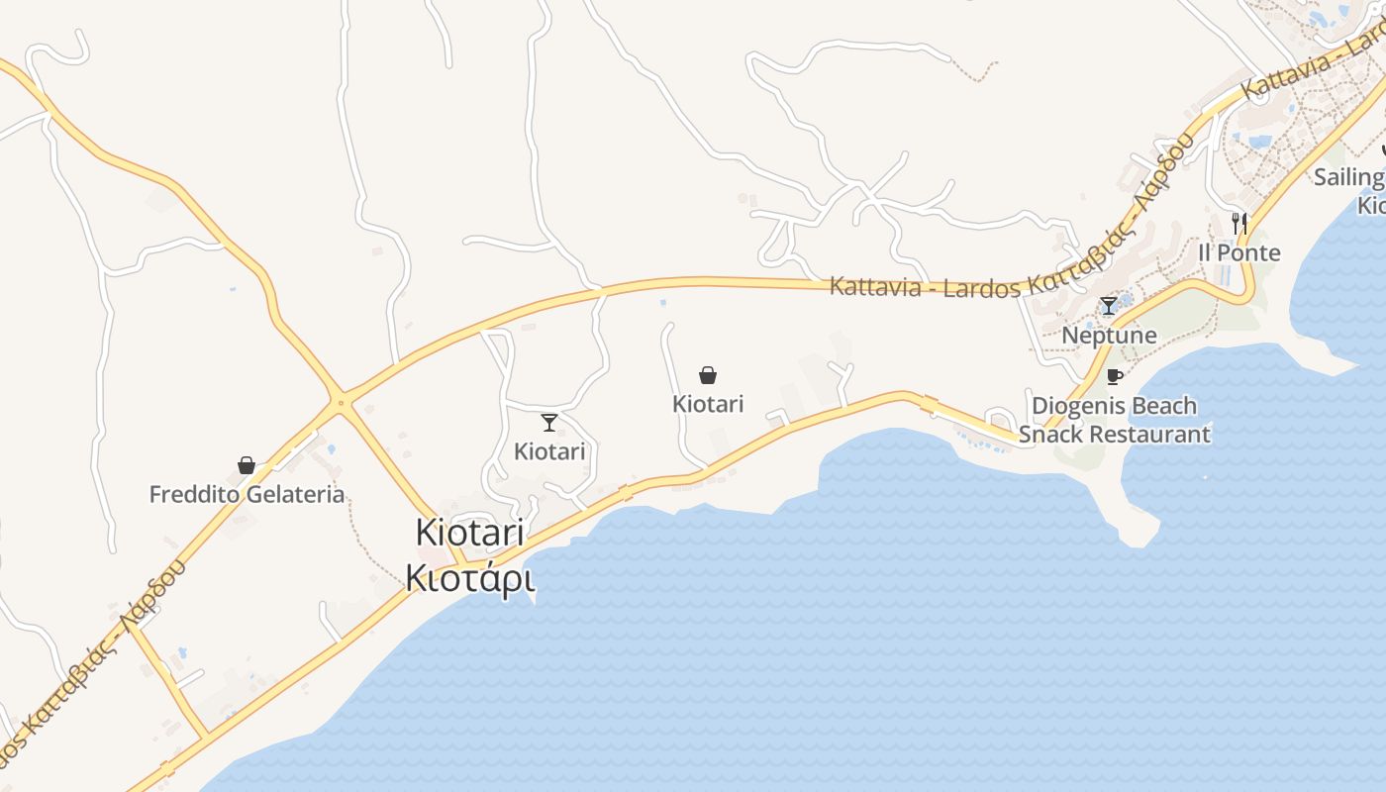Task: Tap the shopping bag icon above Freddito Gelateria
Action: coord(247,465)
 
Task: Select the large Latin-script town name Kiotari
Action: coord(469,532)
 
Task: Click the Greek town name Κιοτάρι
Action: coord(470,577)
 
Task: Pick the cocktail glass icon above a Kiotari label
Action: coord(549,423)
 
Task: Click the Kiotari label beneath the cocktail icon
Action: coord(549,451)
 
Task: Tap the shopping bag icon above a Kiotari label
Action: coord(708,375)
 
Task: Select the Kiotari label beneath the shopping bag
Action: coord(708,404)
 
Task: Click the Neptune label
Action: coord(1109,336)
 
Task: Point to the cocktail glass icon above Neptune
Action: coord(1109,306)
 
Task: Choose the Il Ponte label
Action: coord(1239,252)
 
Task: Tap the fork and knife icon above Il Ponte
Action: coord(1239,223)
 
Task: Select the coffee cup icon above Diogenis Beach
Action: coord(1115,376)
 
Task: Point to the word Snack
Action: coord(1049,434)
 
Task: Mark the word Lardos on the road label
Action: coord(984,287)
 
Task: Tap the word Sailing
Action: coord(1348,177)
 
